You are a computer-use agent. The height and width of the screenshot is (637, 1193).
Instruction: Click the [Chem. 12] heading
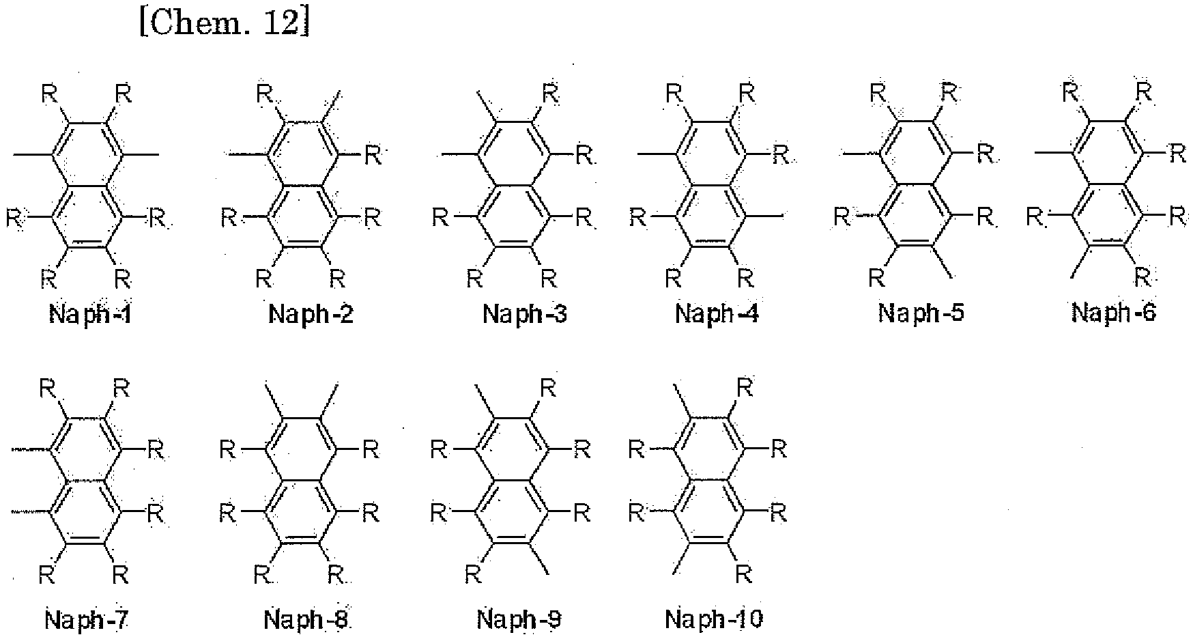(x=224, y=25)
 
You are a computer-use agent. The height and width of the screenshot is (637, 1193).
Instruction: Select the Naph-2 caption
(x=311, y=315)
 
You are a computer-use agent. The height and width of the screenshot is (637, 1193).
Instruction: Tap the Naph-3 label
(x=524, y=315)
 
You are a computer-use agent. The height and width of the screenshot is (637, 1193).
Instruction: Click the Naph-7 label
(x=87, y=620)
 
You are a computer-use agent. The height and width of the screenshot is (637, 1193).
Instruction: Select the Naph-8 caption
(x=306, y=620)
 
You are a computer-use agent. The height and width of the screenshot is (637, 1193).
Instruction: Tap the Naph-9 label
(x=519, y=620)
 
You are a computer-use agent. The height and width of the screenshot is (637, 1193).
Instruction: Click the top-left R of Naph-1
(x=49, y=94)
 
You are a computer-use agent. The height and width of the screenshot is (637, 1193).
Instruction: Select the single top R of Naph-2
(x=264, y=94)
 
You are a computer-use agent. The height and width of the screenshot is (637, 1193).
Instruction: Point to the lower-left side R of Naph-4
(x=637, y=218)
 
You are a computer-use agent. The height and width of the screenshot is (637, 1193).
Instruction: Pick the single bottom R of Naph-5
(x=876, y=278)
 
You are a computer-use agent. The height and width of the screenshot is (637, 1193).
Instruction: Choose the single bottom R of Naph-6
(x=1142, y=277)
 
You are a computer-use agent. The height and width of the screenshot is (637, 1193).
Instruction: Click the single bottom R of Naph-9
(x=472, y=575)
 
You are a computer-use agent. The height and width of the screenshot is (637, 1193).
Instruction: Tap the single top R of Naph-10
(x=745, y=388)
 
